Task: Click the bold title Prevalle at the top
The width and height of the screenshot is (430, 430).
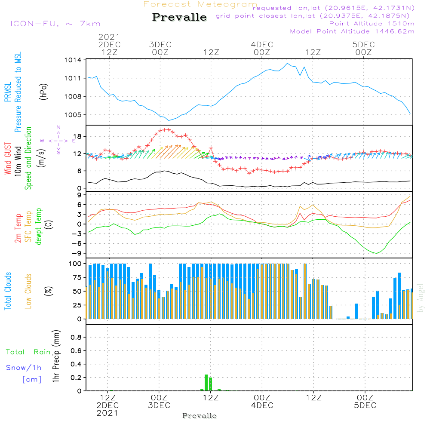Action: click(x=179, y=17)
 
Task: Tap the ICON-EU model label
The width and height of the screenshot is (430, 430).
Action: click(x=34, y=24)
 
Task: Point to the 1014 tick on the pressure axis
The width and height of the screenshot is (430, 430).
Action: click(x=73, y=60)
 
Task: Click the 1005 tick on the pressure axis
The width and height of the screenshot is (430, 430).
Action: click(x=73, y=115)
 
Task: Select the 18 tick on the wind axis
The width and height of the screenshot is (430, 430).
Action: click(x=77, y=136)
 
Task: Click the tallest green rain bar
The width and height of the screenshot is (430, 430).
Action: click(x=206, y=383)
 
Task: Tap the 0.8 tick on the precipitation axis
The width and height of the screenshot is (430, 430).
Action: click(x=76, y=337)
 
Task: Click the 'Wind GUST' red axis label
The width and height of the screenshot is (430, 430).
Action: click(x=8, y=158)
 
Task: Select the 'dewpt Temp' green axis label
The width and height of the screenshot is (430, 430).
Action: click(x=38, y=226)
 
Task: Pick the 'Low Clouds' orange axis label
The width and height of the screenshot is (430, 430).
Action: click(x=28, y=291)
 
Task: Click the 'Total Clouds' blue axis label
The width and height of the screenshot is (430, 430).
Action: click(x=8, y=291)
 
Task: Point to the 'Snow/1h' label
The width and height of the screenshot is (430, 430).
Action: click(x=24, y=368)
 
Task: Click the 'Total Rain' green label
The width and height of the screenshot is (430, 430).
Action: click(x=28, y=352)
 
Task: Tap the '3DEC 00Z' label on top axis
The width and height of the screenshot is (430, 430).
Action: click(x=160, y=48)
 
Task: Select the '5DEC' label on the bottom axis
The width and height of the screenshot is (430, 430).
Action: click(x=365, y=405)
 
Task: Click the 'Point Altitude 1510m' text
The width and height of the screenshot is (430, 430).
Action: click(x=372, y=24)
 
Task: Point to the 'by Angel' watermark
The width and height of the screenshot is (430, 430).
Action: click(x=420, y=298)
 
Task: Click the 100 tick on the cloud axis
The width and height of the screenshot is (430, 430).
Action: click(x=75, y=264)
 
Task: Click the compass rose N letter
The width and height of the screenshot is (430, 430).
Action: click(x=58, y=127)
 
